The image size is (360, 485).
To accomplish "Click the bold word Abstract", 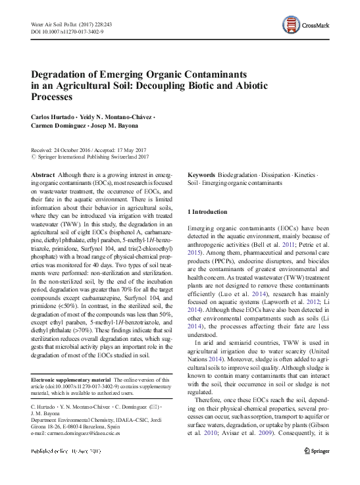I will (x=43, y=174).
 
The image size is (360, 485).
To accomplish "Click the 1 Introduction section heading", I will (x=208, y=212).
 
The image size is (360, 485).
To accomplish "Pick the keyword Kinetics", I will (x=302, y=174).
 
